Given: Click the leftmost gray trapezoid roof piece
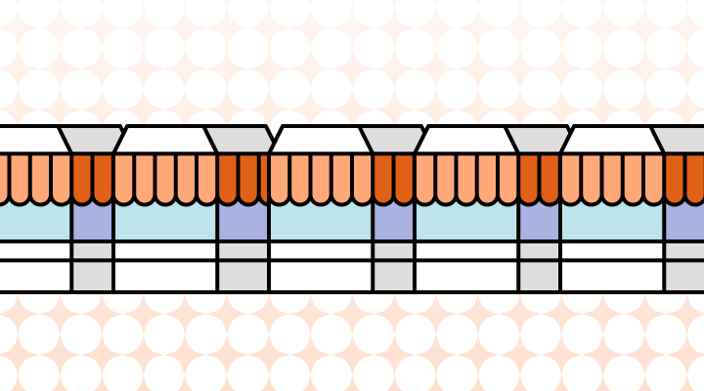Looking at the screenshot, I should (92, 139).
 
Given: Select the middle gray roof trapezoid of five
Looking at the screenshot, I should (393, 139).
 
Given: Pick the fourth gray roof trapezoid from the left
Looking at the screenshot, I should (539, 139).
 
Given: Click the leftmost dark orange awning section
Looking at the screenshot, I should (92, 177).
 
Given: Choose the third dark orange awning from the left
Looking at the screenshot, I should (393, 177).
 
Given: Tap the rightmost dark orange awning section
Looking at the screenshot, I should (684, 177).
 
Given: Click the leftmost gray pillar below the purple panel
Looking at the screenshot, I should (92, 266).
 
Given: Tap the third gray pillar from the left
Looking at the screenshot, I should (393, 266).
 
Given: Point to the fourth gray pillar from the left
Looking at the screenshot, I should (539, 266).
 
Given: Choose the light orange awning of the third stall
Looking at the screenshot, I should (320, 177).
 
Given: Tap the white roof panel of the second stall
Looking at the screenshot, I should (162, 139).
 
